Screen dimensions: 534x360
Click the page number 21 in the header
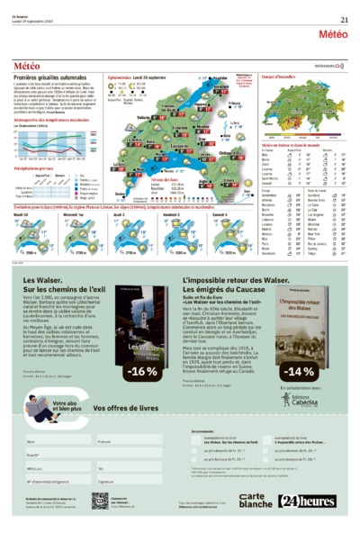tap(344, 21)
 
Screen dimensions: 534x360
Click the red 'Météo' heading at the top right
tap(332, 33)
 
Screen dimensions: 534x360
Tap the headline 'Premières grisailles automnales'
tap(50, 77)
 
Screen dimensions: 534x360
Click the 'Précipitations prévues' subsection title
tap(40, 167)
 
